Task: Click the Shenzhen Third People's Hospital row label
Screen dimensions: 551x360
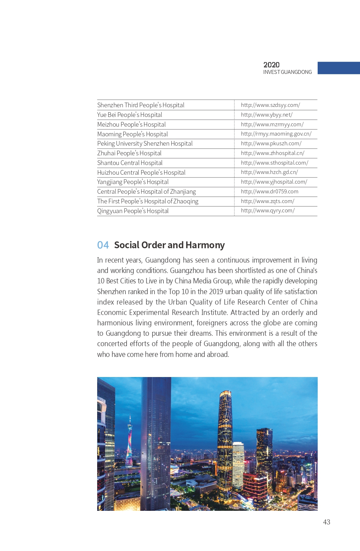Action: (x=141, y=105)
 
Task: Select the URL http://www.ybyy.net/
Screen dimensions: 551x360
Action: (x=266, y=115)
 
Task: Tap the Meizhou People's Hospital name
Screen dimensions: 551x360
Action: (x=131, y=124)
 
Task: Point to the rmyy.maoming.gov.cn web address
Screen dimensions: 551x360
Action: (x=276, y=134)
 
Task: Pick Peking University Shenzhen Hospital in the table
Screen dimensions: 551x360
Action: (x=145, y=143)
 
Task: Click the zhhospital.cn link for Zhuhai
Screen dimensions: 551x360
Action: (x=273, y=153)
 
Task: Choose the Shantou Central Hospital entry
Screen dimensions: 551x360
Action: (x=130, y=163)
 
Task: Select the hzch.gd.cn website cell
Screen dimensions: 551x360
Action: (x=269, y=172)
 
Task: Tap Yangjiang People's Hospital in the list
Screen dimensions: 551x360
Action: (x=133, y=182)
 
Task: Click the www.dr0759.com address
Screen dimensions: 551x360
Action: (x=269, y=192)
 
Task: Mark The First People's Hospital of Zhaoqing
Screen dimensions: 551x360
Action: (x=148, y=201)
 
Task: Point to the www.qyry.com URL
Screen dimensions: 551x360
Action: (x=267, y=211)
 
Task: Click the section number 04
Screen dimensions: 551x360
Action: (x=103, y=245)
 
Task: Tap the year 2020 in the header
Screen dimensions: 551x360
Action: (x=271, y=65)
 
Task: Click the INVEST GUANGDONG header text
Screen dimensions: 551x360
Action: (x=287, y=72)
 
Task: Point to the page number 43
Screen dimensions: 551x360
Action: (x=326, y=522)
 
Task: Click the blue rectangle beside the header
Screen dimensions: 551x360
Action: (x=338, y=68)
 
